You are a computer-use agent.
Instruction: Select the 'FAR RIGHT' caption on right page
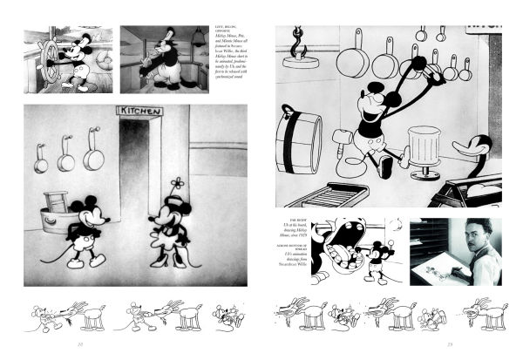pos(289,232)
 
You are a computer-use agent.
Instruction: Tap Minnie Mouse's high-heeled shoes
pos(163,264)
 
